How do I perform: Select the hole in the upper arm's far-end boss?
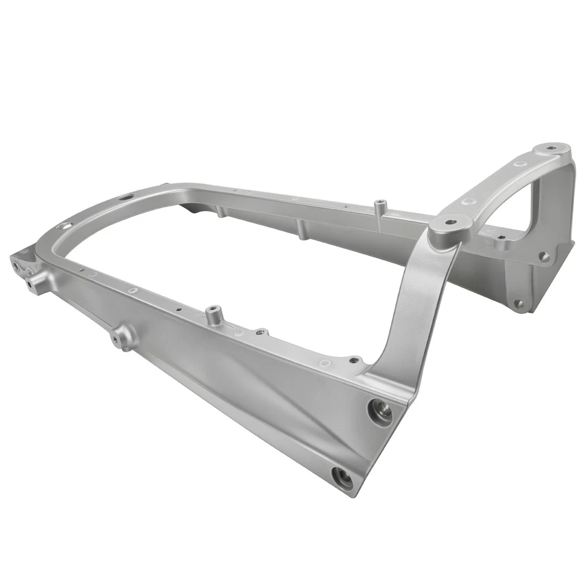(x=552, y=148)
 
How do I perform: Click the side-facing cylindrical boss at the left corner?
(x=37, y=282)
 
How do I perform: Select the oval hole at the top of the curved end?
(x=126, y=197)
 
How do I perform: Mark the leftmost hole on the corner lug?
(x=15, y=264)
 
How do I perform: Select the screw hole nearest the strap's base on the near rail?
(x=353, y=360)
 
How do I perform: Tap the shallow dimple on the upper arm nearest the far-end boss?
(x=521, y=164)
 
